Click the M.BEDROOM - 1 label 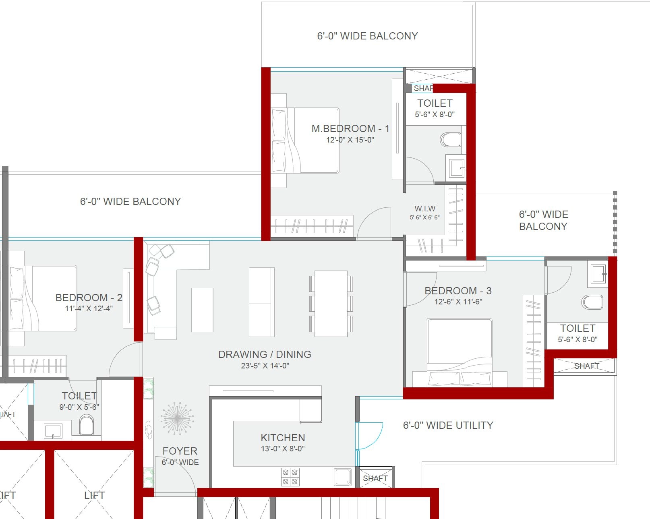tap(350, 128)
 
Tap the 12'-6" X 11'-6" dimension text tap(458, 302)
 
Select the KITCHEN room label tap(283, 438)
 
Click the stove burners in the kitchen tap(290, 477)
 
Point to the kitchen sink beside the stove tap(343, 477)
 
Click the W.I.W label tap(425, 209)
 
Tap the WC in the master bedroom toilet tap(451, 140)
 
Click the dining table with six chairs tap(331, 304)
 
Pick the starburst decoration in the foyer tap(177, 418)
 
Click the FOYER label tap(180, 451)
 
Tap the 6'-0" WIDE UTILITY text tap(448, 425)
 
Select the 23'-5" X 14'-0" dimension tap(265, 366)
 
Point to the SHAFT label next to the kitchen tap(375, 478)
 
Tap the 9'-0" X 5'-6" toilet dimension tap(79, 407)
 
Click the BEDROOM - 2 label tap(89, 298)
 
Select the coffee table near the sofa tap(202, 310)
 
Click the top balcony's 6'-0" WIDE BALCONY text tap(367, 36)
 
